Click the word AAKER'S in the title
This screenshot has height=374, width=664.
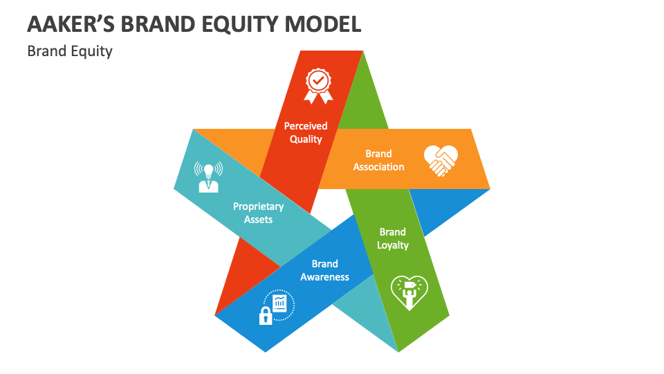point(68,24)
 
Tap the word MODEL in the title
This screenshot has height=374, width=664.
point(327,24)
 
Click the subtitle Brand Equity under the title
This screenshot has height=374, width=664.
point(69,51)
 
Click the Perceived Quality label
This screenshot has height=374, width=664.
point(306,132)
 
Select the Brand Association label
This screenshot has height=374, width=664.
point(378,160)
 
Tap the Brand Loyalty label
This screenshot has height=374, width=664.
point(393,238)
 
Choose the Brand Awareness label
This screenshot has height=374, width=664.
point(324,270)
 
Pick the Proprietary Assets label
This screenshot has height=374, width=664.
point(258,213)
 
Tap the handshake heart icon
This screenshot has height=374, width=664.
point(441,160)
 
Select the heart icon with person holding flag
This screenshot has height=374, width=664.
point(409,292)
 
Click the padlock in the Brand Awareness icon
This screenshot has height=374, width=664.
point(265,317)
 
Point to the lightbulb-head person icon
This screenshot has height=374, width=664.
point(207,176)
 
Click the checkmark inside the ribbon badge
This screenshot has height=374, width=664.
point(318,81)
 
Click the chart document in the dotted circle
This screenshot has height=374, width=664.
point(280,303)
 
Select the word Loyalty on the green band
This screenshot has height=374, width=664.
point(393,245)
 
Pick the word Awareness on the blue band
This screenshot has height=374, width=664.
point(324,277)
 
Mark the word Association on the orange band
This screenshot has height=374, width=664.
point(378,167)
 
